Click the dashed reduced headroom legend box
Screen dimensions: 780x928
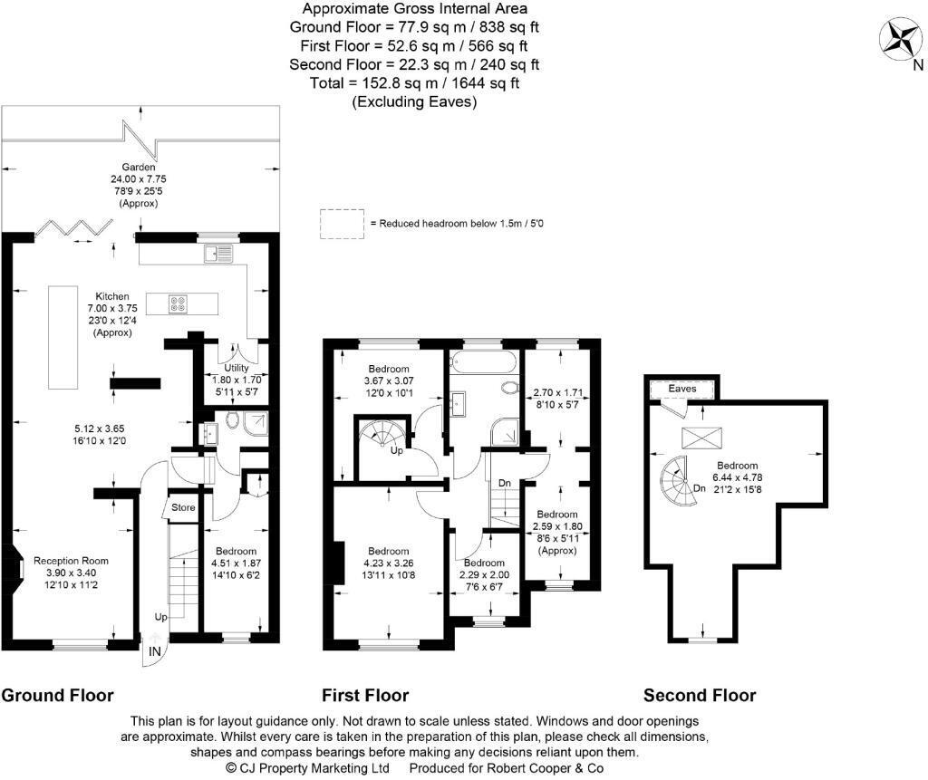coord(340,224)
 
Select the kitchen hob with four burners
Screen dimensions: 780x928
coord(179,304)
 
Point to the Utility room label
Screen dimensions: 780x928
coord(223,368)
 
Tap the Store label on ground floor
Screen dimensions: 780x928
coord(183,508)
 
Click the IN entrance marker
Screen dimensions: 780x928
coord(155,651)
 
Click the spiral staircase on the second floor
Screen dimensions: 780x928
coord(676,478)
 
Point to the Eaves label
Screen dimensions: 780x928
coord(682,388)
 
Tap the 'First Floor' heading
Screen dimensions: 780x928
coord(365,696)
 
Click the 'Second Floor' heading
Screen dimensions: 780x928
coord(699,696)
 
